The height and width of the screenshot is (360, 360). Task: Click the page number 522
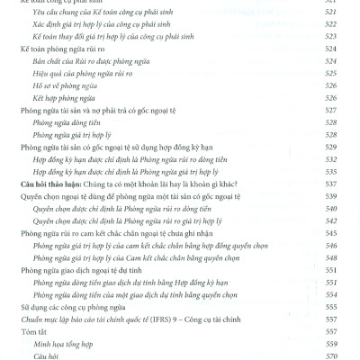pos(330,29)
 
